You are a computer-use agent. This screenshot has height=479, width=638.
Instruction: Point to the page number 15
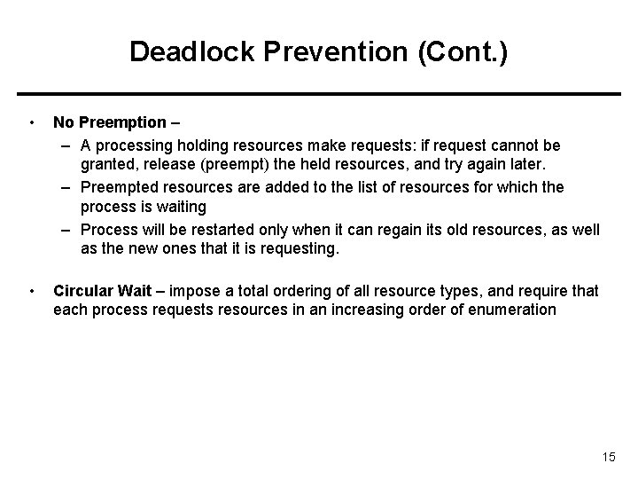point(608,457)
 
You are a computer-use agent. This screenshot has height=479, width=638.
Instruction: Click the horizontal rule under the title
point(319,93)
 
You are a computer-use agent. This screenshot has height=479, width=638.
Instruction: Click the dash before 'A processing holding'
point(67,144)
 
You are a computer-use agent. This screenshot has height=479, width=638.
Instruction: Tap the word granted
point(105,165)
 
